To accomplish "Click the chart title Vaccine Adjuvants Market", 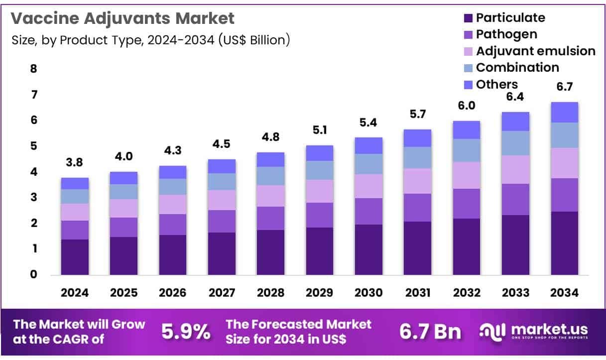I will (122, 18).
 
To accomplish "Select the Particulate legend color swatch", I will (467, 18).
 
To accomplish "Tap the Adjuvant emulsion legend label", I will (535, 51).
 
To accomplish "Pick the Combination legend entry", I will (517, 67).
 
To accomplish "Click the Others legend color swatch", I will (467, 85).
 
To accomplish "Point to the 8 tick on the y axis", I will (33, 69).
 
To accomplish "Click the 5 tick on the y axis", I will (33, 146).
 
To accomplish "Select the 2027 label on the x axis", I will (222, 293).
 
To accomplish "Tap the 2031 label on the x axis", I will (417, 293).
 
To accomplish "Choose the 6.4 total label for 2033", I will (515, 97).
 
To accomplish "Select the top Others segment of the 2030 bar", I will (368, 145).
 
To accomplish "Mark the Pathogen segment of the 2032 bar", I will (466, 203).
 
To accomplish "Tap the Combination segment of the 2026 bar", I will (173, 186).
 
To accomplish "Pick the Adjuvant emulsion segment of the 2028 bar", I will (270, 196).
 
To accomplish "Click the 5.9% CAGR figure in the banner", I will (186, 332).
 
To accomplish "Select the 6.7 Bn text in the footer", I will (430, 332).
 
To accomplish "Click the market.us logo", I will (533, 331).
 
